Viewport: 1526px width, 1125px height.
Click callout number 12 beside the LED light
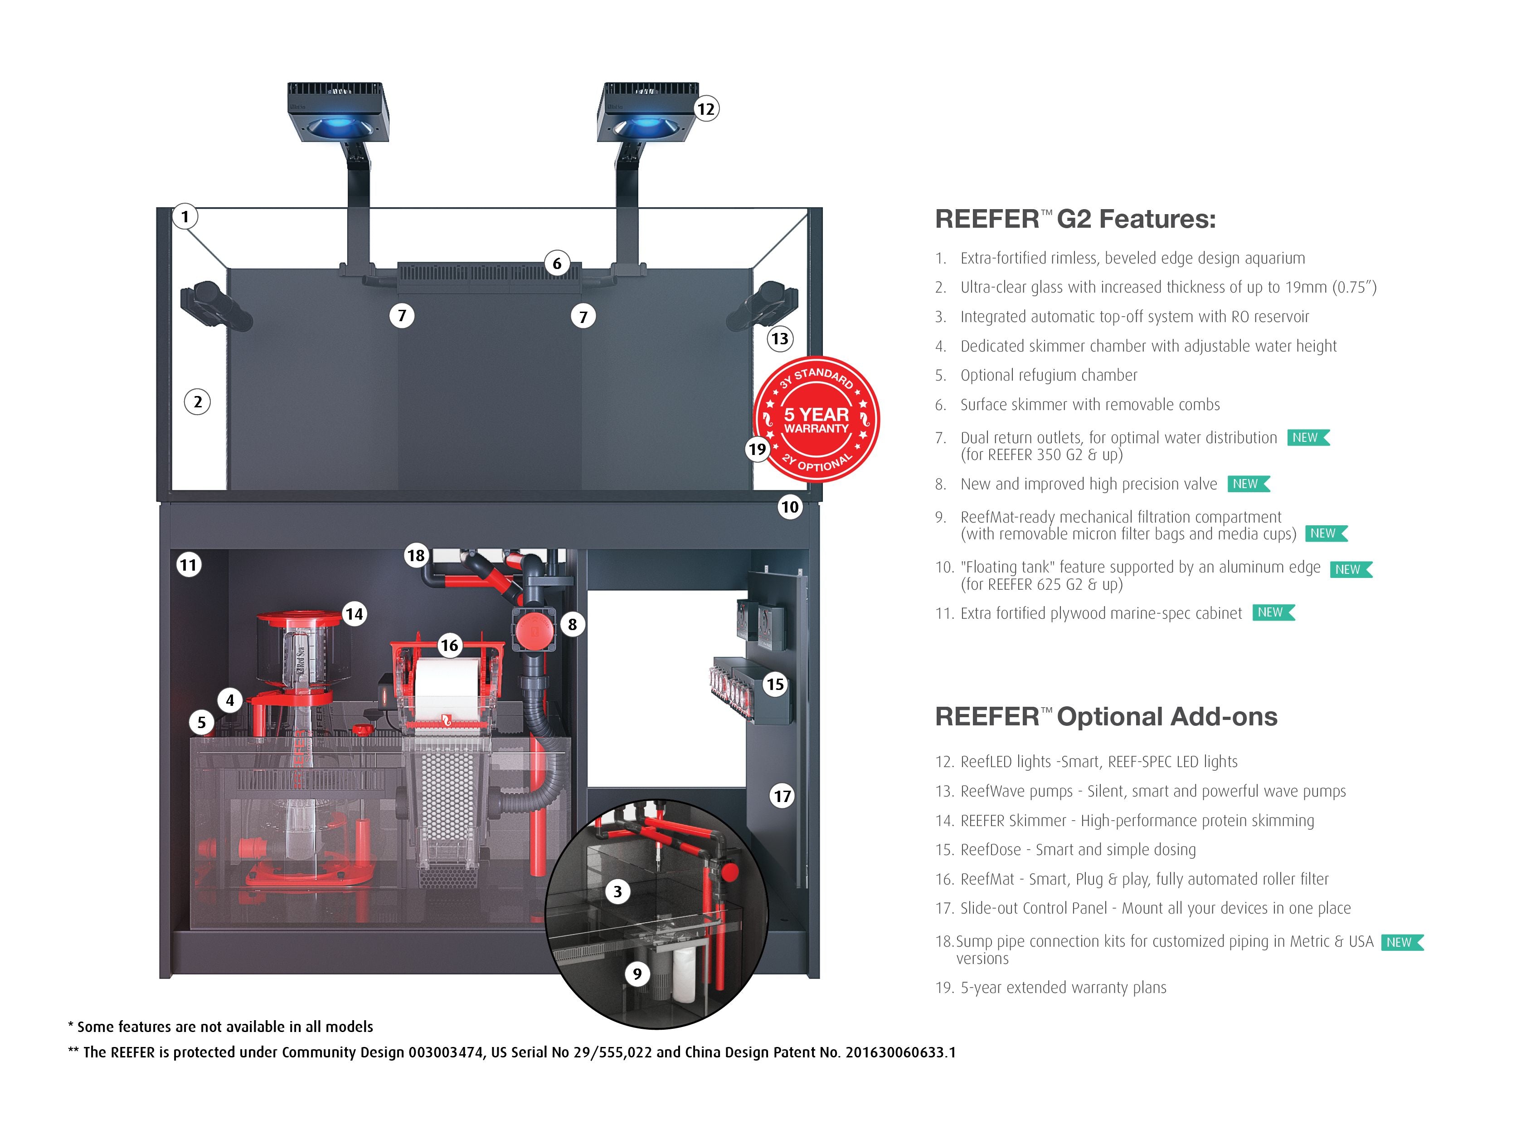[706, 109]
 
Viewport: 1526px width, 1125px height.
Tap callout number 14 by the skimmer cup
[354, 614]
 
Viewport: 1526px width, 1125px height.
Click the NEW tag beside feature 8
[1248, 484]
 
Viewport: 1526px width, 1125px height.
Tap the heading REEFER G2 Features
[1075, 219]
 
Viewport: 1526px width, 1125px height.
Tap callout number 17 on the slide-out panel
[782, 796]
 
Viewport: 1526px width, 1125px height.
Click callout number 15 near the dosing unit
[775, 685]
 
